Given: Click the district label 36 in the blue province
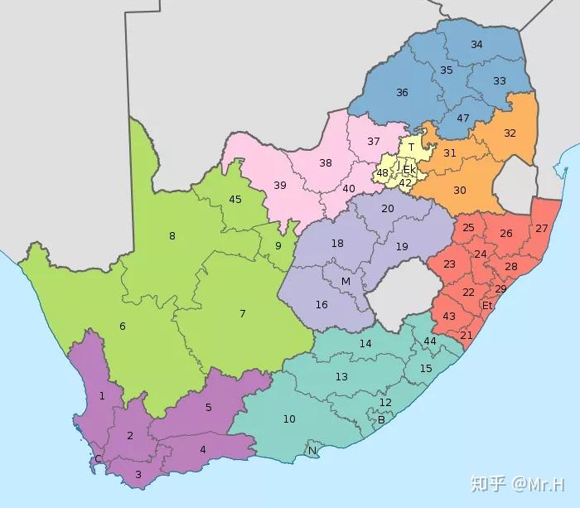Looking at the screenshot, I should pyautogui.click(x=402, y=93).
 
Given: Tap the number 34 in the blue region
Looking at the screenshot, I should pyautogui.click(x=476, y=44).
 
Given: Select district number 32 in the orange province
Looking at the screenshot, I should pyautogui.click(x=510, y=133).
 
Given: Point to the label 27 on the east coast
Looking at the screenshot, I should pyautogui.click(x=542, y=228).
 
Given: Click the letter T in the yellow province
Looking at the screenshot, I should pyautogui.click(x=411, y=148).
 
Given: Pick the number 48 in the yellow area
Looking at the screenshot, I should pyautogui.click(x=383, y=173).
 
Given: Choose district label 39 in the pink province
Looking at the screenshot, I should pyautogui.click(x=280, y=185).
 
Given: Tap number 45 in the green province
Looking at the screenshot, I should pyautogui.click(x=235, y=199).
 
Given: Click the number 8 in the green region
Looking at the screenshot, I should pyautogui.click(x=172, y=236).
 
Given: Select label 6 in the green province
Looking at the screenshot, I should pyautogui.click(x=123, y=327).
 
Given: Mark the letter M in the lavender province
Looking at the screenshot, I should pyautogui.click(x=346, y=282).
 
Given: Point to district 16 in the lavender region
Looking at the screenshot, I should pyautogui.click(x=321, y=304).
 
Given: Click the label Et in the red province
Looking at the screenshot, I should pyautogui.click(x=487, y=305).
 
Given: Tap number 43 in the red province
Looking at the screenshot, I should pyautogui.click(x=449, y=317).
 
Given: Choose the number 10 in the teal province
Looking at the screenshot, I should pyautogui.click(x=289, y=419).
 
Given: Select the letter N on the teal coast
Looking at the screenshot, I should pyautogui.click(x=312, y=451).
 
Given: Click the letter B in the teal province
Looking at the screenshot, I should pyautogui.click(x=380, y=419).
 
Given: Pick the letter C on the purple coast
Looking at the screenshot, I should pyautogui.click(x=98, y=459).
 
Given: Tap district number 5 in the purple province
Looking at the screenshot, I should pyautogui.click(x=209, y=407).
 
